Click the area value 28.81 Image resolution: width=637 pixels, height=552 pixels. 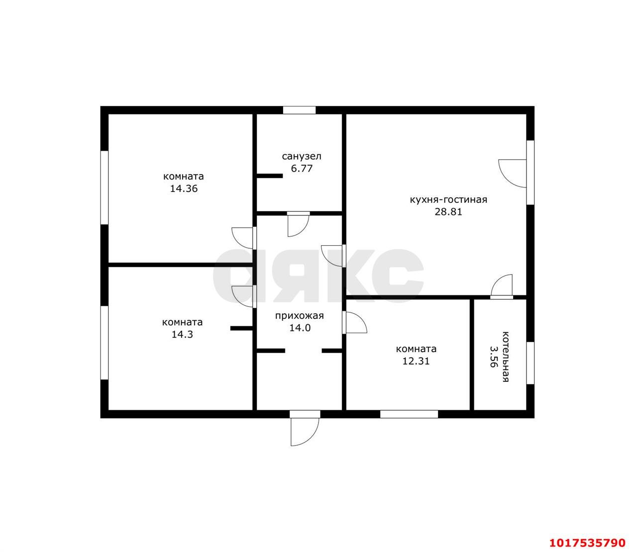click(x=448, y=212)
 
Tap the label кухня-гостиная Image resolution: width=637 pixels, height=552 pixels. click(x=448, y=200)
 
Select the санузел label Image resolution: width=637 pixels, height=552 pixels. click(x=302, y=157)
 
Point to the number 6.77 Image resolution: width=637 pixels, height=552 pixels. click(x=302, y=169)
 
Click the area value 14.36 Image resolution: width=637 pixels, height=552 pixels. click(x=184, y=188)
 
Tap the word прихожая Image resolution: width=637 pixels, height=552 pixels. click(x=299, y=316)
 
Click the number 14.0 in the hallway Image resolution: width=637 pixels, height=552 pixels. click(x=300, y=328)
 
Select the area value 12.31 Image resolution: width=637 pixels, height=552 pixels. click(x=416, y=361)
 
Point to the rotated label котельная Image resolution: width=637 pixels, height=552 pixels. click(x=505, y=357)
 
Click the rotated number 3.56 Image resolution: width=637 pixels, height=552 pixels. click(x=494, y=357)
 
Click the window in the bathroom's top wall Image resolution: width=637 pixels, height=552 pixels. click(x=299, y=110)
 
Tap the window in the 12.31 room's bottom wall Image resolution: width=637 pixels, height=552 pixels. click(x=409, y=414)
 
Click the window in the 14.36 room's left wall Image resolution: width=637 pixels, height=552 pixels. click(x=105, y=187)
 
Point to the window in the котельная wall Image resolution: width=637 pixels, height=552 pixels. click(x=530, y=363)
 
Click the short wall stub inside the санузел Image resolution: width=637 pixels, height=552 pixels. click(x=270, y=176)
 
